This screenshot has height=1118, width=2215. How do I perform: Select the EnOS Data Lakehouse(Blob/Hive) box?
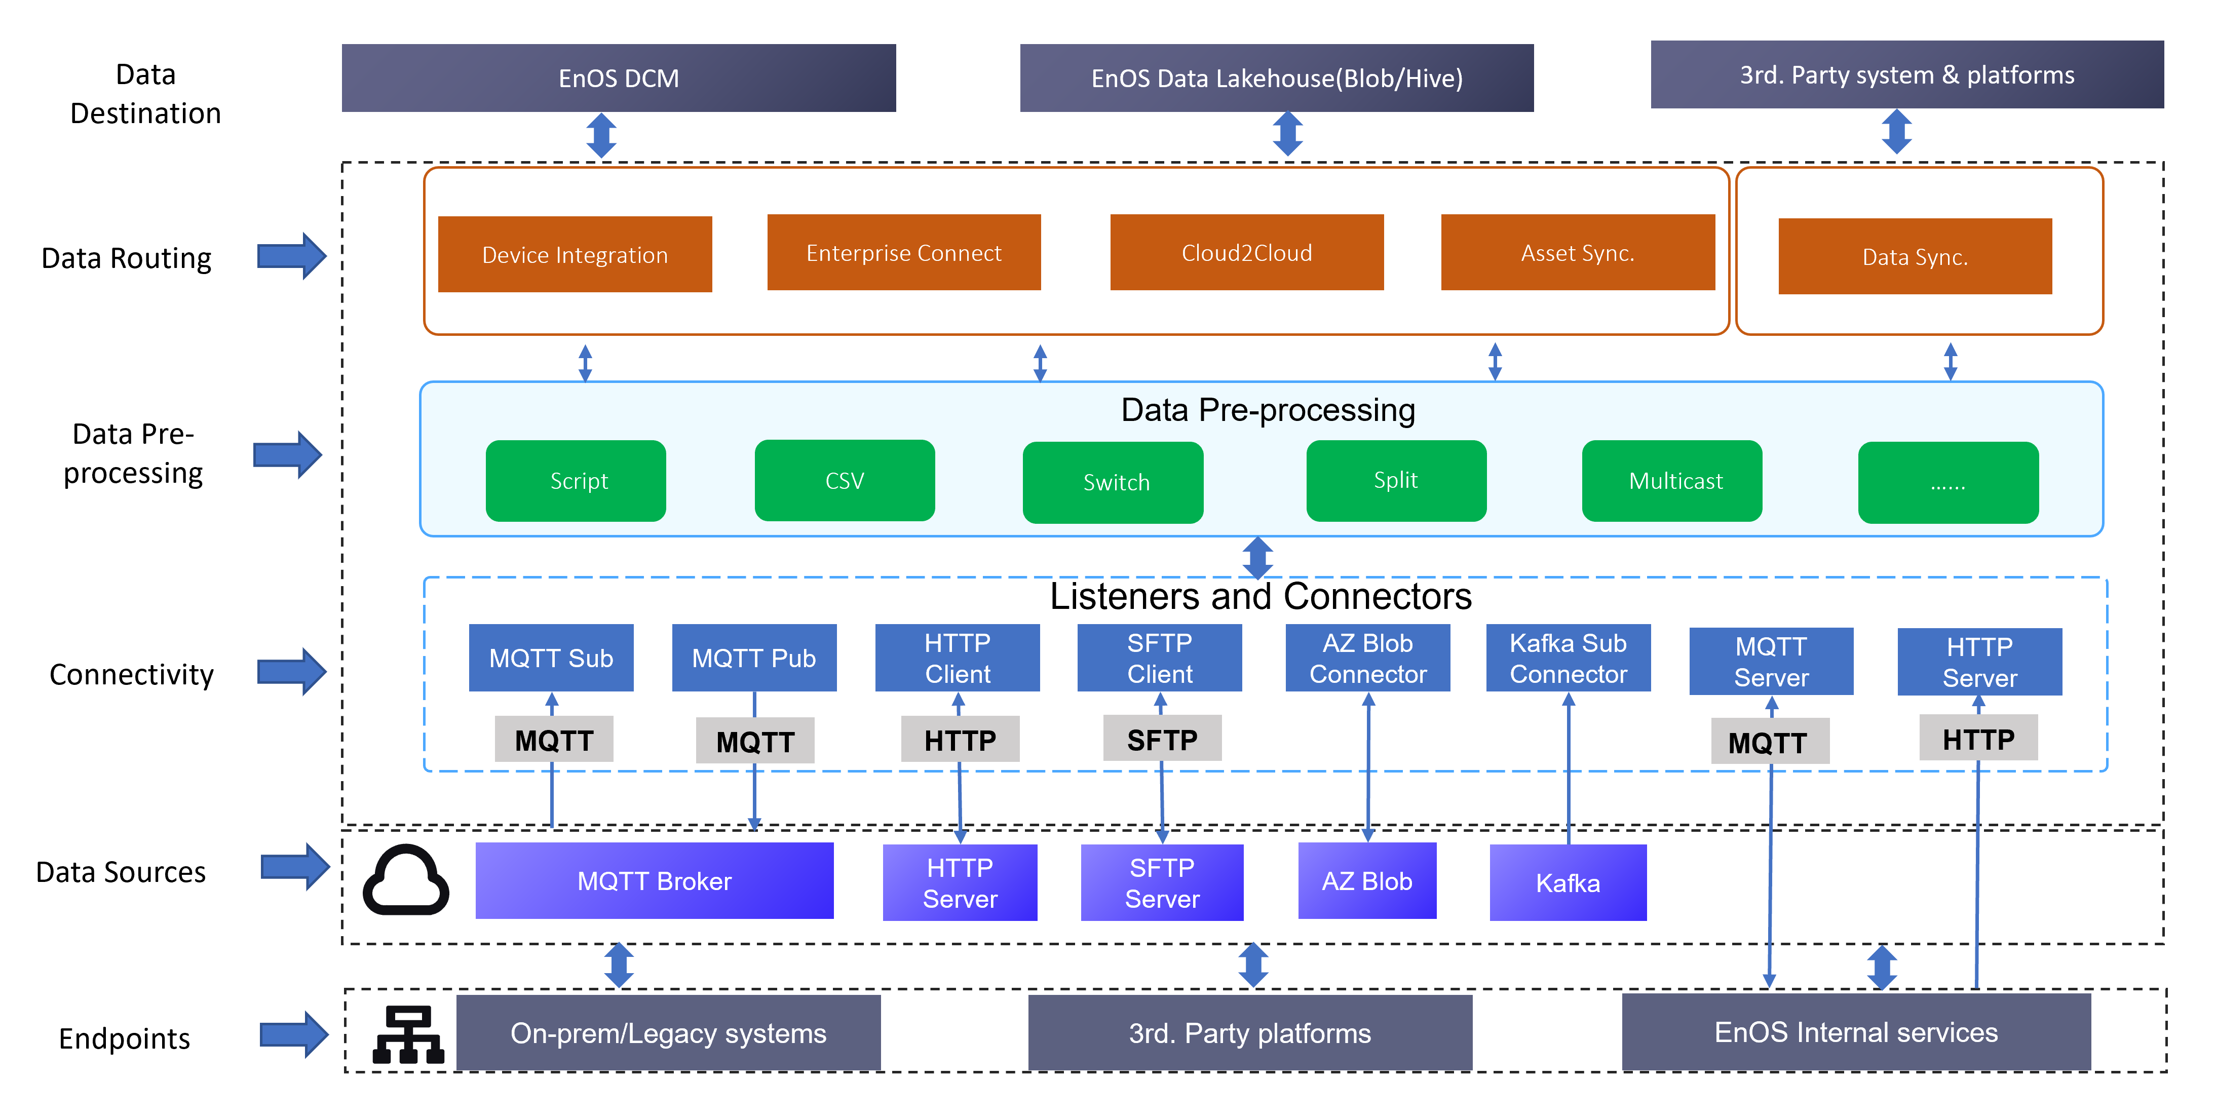click(x=1276, y=78)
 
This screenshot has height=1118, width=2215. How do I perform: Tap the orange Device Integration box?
click(x=575, y=255)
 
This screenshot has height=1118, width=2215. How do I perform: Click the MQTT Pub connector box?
click(x=753, y=658)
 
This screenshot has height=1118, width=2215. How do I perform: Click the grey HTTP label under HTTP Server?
click(x=1978, y=738)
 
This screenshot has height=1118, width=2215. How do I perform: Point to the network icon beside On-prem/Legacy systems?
click(x=408, y=1034)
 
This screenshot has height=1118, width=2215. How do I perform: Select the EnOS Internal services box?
click(x=1856, y=1032)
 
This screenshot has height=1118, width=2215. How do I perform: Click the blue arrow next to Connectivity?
click(x=291, y=672)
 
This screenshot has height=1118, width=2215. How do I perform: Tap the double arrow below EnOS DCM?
click(x=601, y=136)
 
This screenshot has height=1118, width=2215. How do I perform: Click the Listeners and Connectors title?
click(x=1261, y=596)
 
